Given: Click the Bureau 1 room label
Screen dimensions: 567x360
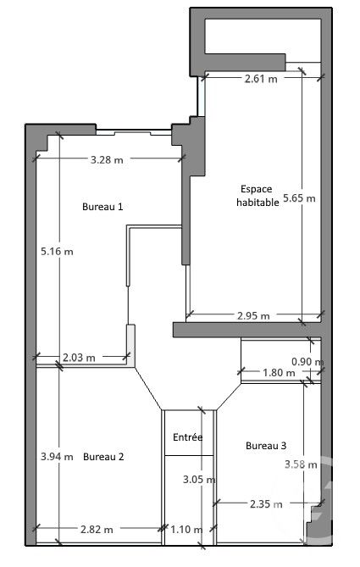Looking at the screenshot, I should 102,207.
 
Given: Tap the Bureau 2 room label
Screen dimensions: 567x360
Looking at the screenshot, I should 103,457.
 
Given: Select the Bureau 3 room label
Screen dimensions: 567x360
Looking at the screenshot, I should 266,446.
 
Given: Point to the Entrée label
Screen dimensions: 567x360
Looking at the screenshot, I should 187,438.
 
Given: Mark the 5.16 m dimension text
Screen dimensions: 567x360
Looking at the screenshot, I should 57,252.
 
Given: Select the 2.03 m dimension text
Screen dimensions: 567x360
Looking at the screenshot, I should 79,358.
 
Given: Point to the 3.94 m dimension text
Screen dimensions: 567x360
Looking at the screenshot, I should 57,457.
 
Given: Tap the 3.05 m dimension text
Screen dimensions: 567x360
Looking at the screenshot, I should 199,479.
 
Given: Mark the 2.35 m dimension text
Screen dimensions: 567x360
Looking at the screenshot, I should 266,504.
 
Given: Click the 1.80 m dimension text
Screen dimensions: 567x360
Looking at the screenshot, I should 272,372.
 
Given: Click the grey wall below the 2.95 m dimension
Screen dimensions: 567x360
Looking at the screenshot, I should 246,329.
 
